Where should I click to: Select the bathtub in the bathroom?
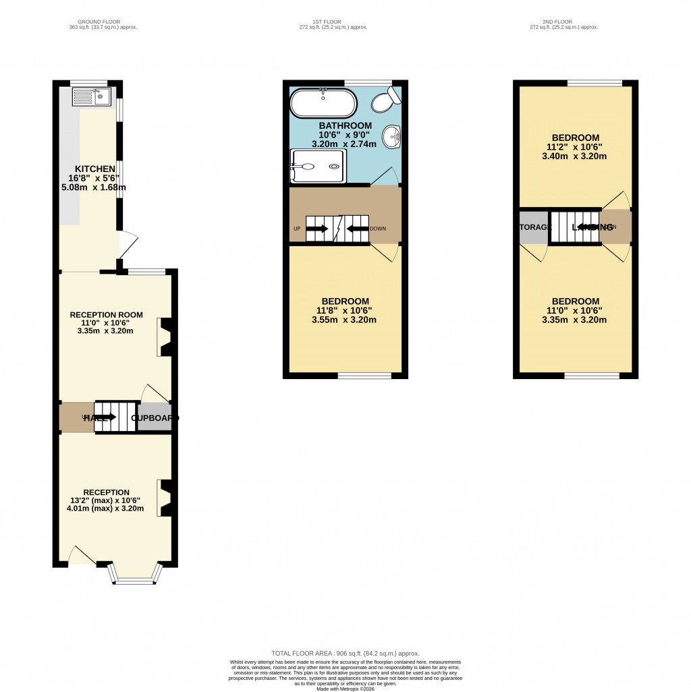[x=323, y=105]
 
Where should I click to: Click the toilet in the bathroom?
[x=387, y=101]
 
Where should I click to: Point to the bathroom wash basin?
[x=392, y=137]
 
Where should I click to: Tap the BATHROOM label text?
[x=345, y=125]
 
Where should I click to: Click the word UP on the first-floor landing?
[x=296, y=229]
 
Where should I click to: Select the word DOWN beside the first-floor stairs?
[x=378, y=229]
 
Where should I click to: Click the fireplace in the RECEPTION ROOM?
[x=163, y=337]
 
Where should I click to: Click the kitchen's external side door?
[x=128, y=244]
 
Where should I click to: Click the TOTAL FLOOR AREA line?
[x=345, y=654]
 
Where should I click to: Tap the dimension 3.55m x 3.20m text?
[x=344, y=320]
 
